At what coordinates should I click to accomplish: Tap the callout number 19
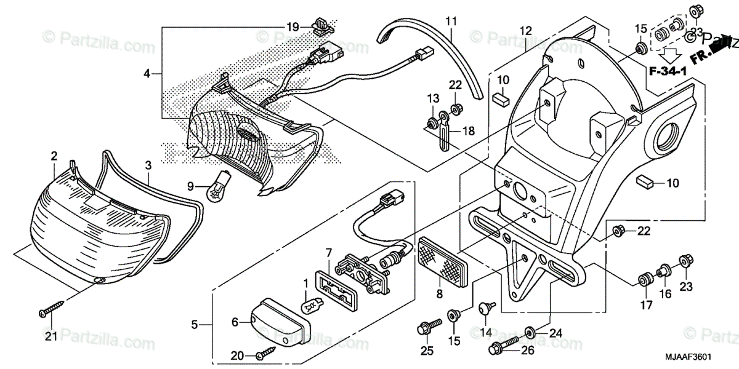tap(292, 27)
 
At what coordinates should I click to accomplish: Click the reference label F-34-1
tap(668, 73)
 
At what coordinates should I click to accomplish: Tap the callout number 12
tap(525, 30)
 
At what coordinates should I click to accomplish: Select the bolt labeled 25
tap(430, 324)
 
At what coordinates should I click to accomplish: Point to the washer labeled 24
tap(530, 333)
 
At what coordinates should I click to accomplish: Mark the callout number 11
tap(451, 22)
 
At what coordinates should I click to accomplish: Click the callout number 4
tap(147, 74)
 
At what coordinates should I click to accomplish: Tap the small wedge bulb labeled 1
tap(312, 303)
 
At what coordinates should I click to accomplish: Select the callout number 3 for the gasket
tap(148, 165)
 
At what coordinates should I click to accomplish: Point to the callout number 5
tap(195, 325)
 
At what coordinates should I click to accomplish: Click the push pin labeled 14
tap(485, 307)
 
